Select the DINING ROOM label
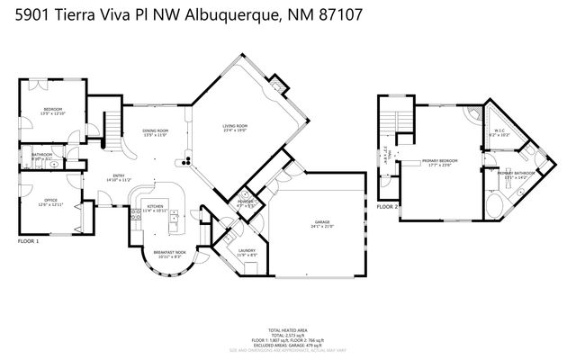[156, 131]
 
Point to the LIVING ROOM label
[235, 126]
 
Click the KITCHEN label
[155, 207]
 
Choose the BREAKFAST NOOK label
[169, 253]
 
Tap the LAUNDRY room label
[247, 251]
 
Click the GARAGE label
[322, 221]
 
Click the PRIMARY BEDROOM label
[440, 162]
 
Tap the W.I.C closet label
[501, 130]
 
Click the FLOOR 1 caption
[30, 242]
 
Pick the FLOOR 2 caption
[387, 207]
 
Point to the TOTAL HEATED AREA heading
[288, 329]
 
